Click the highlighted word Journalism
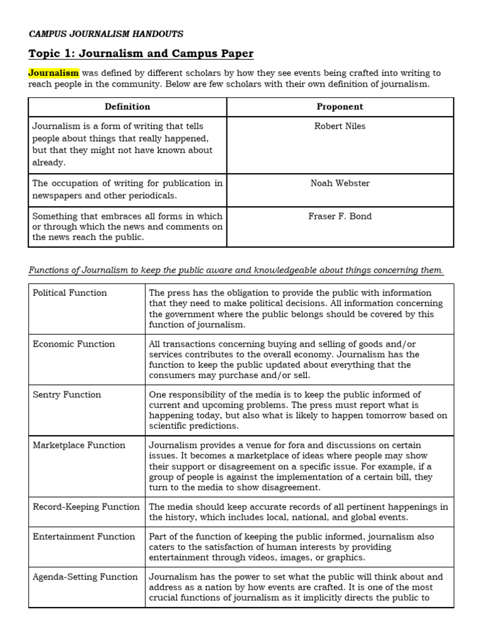click(x=53, y=73)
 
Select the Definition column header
click(x=127, y=107)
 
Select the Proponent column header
click(x=340, y=107)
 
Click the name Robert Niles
click(x=340, y=126)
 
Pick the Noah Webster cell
click(x=340, y=183)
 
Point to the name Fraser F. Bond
click(x=340, y=216)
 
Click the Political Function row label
click(x=70, y=293)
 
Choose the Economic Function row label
click(x=73, y=344)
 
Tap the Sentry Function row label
click(x=67, y=394)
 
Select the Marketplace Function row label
click(x=78, y=445)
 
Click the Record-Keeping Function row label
click(x=86, y=507)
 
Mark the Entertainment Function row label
click(x=83, y=537)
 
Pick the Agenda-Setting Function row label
click(x=85, y=577)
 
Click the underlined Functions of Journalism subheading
click(x=236, y=270)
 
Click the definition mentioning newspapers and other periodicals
click(x=127, y=189)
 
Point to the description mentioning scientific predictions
click(x=297, y=410)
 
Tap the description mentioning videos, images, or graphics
click(x=297, y=547)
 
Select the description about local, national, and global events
click(x=297, y=512)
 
